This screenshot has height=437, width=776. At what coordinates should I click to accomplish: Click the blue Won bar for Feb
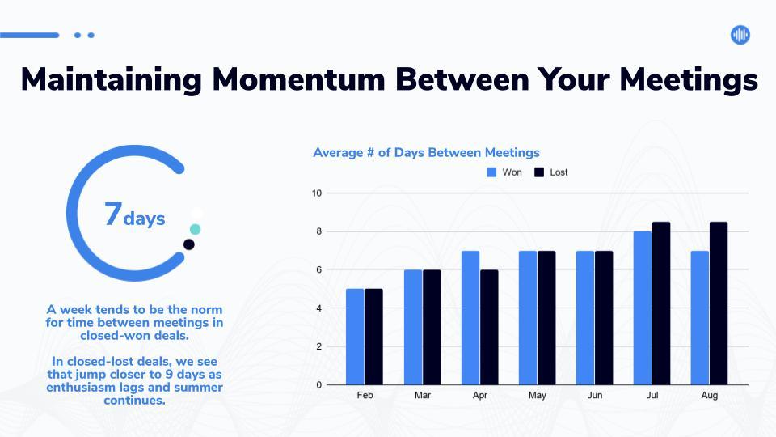[355, 337]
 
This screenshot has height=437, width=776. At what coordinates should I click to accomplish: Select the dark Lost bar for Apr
[489, 327]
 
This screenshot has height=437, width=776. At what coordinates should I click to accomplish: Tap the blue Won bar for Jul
[643, 308]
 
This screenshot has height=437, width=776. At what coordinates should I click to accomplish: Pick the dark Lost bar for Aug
[719, 303]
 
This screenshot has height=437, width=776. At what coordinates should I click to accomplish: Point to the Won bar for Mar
[413, 327]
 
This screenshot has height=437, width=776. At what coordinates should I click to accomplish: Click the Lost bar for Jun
[604, 317]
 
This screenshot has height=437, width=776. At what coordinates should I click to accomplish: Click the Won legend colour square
[491, 172]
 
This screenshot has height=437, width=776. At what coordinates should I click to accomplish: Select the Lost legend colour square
[539, 172]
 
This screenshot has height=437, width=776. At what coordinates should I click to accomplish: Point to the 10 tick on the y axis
[317, 193]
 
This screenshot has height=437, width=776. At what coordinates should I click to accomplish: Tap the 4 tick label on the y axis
[318, 308]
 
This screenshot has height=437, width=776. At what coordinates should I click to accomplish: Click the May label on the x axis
[537, 396]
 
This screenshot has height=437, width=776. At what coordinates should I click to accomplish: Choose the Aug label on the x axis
[709, 396]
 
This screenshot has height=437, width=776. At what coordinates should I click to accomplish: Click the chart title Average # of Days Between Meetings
[426, 153]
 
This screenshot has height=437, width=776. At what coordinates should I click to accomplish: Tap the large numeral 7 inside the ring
[113, 214]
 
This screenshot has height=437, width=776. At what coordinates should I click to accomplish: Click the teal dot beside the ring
[196, 229]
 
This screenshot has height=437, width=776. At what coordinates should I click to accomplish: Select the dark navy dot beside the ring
[188, 244]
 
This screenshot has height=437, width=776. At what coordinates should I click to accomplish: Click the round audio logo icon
[740, 35]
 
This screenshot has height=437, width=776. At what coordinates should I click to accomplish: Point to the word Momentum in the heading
[298, 79]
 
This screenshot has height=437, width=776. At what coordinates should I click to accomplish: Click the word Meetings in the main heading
[689, 80]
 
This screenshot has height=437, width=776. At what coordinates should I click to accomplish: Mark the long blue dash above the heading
[30, 35]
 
